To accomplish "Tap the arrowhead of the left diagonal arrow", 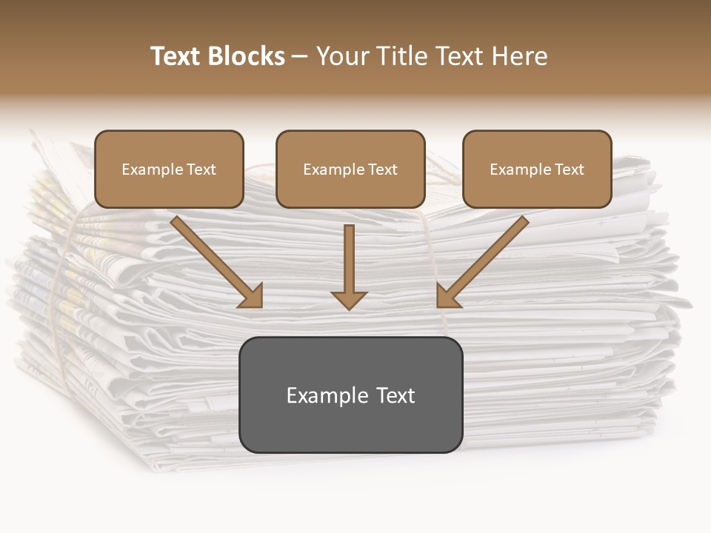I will [252, 296].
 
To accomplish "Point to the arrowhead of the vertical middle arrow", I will [349, 299].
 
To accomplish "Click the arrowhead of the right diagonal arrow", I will [447, 296].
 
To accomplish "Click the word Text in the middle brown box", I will [383, 170].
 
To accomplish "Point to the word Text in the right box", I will [570, 170].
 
